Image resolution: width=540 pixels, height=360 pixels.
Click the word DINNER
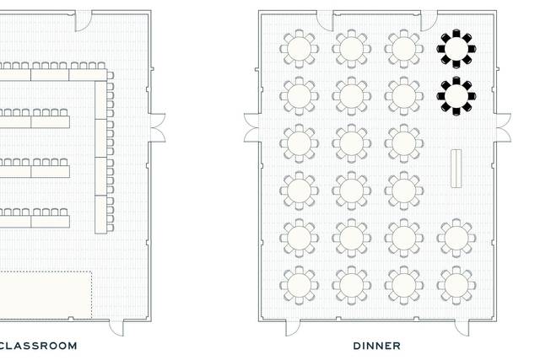click(377, 346)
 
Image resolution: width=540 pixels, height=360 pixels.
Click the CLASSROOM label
click(38, 346)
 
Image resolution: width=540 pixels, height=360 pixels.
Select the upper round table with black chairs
click(456, 49)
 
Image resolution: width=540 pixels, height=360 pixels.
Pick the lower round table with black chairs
click(456, 96)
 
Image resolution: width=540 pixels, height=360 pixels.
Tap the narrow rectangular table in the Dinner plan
click(456, 169)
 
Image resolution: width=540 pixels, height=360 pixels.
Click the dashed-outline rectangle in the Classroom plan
click(46, 295)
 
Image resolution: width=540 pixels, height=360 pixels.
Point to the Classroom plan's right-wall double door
click(158, 127)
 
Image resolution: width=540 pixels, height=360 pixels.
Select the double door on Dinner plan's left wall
click(251, 127)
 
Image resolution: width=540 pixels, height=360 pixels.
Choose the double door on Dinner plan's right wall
click(503, 127)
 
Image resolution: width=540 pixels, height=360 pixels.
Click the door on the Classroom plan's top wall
click(84, 20)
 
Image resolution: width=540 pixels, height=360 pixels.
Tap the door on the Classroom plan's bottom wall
click(116, 328)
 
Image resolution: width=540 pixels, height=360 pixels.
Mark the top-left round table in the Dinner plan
click(300, 49)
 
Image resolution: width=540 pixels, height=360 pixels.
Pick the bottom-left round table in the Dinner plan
click(300, 285)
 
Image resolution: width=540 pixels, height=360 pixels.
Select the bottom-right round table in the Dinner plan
click(456, 285)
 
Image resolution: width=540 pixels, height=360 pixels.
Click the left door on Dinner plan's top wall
click(325, 20)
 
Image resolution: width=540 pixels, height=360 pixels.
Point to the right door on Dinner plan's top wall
click(429, 20)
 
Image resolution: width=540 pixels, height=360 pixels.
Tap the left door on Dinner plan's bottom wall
click(293, 328)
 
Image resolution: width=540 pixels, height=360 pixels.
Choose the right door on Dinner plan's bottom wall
click(462, 328)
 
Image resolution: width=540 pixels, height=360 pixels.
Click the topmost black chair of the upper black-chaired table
click(456, 33)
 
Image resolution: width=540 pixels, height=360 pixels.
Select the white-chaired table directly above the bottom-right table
click(456, 238)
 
